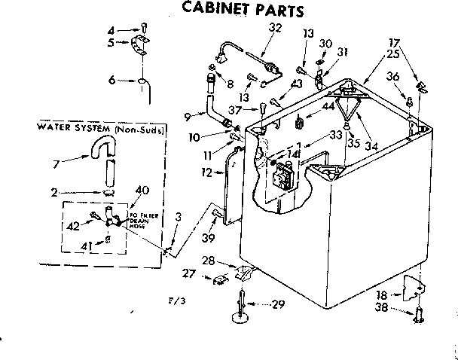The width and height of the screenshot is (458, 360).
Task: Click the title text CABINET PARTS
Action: pos(233,11)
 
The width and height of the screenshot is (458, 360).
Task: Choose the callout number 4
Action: pos(111,30)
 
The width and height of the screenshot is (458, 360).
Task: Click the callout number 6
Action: pos(111,80)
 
